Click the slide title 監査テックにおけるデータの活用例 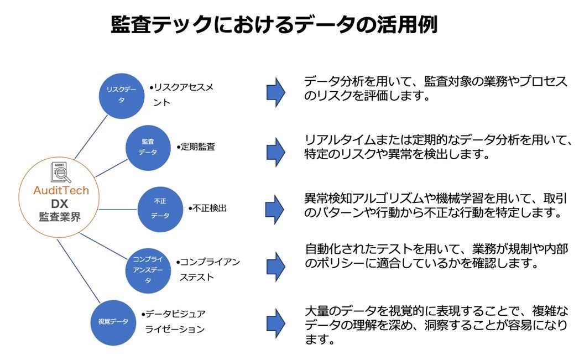[274, 25]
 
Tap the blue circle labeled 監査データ [148, 147]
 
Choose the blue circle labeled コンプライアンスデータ [147, 269]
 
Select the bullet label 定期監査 [196, 147]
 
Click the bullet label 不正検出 [207, 208]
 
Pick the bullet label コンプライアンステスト [208, 269]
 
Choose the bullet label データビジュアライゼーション [174, 321]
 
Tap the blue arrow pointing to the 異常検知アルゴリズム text [275, 208]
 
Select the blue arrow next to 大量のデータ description [275, 322]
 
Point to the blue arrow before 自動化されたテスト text [275, 265]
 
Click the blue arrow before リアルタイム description [275, 149]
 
